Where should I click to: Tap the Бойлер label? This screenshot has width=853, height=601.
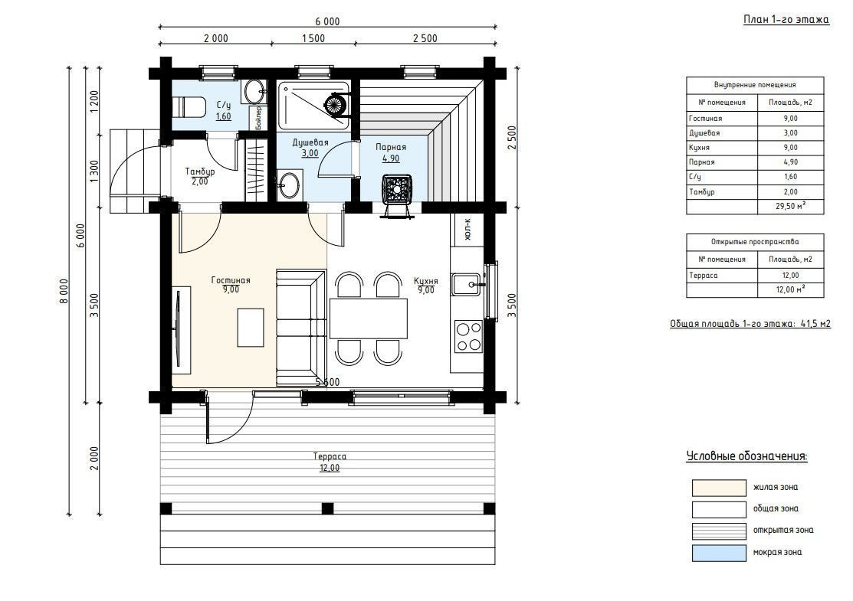coord(258,117)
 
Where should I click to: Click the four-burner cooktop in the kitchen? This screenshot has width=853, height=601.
coord(468,336)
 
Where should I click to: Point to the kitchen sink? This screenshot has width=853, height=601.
coord(467,283)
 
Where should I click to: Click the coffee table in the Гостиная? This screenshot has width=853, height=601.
coord(251,328)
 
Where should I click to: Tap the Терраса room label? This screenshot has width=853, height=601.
coord(330,456)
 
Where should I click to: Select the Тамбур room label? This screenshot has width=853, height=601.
coord(200,171)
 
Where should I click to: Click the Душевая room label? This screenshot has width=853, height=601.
coord(310,142)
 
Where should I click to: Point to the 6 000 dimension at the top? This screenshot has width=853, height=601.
coord(327,21)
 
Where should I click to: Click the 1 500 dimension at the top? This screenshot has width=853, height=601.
coord(313,38)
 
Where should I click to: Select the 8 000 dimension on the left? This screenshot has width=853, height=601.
coord(64,291)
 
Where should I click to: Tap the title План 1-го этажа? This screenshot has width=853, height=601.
coord(786,20)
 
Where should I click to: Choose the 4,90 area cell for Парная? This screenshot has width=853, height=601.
coord(790,162)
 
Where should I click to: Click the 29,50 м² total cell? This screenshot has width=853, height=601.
coord(790,207)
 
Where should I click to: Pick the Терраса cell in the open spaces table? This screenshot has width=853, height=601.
coord(722,276)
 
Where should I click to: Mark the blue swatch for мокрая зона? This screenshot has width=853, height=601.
coord(719,553)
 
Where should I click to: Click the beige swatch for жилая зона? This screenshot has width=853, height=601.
coord(719,488)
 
